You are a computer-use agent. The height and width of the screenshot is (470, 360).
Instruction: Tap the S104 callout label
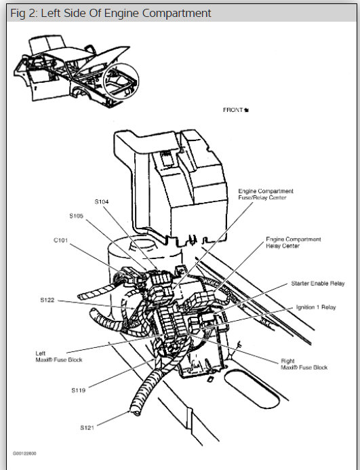[102, 201]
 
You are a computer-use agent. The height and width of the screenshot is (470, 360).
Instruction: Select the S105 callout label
[77, 216]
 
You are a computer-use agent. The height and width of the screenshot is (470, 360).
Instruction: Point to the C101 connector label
[62, 239]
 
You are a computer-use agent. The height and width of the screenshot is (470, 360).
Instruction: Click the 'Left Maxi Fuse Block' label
[59, 357]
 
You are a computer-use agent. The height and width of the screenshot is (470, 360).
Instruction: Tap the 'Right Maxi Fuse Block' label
[303, 364]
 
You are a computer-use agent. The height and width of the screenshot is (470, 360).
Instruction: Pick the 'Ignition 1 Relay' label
[315, 307]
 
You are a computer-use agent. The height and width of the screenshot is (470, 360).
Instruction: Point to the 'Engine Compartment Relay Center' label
[293, 242]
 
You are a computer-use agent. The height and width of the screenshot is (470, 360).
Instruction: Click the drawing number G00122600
[24, 453]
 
